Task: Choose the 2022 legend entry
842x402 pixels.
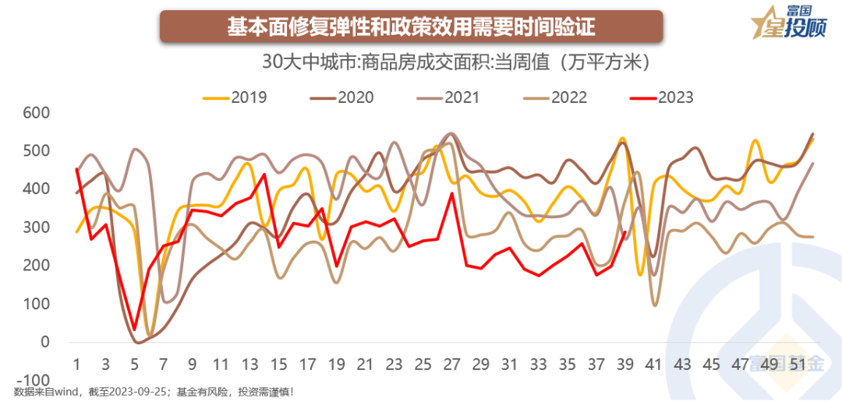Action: (x=554, y=97)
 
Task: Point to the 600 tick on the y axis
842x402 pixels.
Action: (x=34, y=113)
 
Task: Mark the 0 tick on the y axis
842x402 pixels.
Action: (x=44, y=342)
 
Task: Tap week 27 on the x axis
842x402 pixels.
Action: (x=451, y=365)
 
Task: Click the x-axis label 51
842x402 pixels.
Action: (x=798, y=365)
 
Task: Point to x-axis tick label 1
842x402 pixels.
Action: (x=76, y=365)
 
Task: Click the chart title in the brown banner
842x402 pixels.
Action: (x=411, y=27)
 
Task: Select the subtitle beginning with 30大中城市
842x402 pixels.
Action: (x=457, y=63)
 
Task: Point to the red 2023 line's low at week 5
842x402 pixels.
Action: (x=134, y=330)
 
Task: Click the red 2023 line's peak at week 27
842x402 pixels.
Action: (x=451, y=193)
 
